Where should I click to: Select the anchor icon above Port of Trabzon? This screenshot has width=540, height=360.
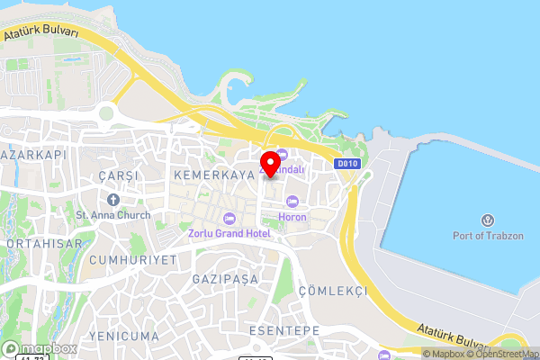point(487,220)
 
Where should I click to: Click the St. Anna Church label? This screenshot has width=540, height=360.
point(113,214)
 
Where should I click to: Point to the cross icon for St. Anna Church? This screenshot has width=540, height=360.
point(113,199)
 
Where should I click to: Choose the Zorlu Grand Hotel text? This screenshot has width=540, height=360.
point(229,234)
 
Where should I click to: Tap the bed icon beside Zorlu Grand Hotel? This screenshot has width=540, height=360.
point(229,219)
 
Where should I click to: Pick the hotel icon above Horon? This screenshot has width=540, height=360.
point(292,202)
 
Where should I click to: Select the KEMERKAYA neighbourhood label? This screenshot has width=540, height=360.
point(209,173)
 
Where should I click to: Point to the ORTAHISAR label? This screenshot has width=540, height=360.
point(43,244)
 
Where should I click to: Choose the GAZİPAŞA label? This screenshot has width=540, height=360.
point(225,279)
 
